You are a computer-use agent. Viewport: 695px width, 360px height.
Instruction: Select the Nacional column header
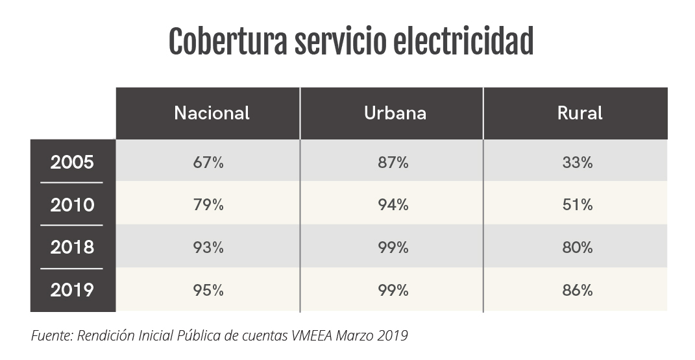(x=212, y=113)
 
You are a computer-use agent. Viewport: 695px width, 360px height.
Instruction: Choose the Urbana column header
(x=395, y=113)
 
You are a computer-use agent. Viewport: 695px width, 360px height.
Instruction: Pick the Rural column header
(x=579, y=113)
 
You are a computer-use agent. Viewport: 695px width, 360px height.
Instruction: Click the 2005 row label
(x=72, y=162)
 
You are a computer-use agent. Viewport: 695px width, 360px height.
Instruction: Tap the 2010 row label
(x=72, y=205)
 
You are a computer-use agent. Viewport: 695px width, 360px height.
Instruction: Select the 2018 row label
(x=72, y=247)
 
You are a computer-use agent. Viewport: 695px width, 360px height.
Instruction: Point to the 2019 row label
(x=72, y=290)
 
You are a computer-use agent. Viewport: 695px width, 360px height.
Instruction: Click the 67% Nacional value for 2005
(x=208, y=163)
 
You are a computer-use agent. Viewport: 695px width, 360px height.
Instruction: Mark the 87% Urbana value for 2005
(x=393, y=163)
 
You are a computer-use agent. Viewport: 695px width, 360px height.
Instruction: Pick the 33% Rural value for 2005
(x=578, y=163)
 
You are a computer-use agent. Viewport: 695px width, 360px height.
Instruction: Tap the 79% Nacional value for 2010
(x=208, y=206)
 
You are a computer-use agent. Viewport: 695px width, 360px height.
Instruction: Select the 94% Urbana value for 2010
(x=393, y=206)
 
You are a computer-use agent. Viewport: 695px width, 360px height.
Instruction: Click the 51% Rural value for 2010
(x=578, y=206)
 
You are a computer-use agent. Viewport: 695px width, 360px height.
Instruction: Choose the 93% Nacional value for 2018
(x=208, y=248)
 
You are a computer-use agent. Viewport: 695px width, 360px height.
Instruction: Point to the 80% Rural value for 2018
(x=578, y=248)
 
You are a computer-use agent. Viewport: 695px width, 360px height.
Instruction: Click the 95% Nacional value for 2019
(x=208, y=291)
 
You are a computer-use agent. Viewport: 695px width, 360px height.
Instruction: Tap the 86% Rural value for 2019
(x=578, y=291)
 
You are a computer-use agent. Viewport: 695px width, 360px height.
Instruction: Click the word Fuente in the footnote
(x=51, y=336)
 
